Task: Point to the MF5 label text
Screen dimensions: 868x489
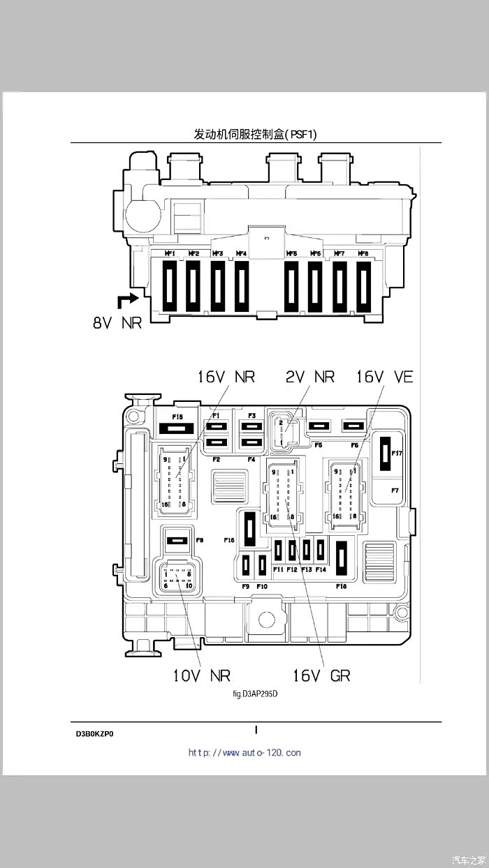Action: pos(291,253)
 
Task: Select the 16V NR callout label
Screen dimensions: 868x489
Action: pos(226,377)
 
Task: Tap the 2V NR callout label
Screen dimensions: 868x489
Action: pos(309,377)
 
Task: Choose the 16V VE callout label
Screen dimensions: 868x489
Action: pos(384,377)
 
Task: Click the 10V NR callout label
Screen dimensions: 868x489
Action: pos(201,675)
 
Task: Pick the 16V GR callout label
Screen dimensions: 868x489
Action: pos(321,675)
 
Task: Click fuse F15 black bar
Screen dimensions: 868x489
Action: pos(177,428)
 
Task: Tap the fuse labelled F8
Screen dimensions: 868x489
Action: pos(177,540)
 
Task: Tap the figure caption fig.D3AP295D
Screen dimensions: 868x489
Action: pos(255,694)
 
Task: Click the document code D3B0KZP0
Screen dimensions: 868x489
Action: pos(95,734)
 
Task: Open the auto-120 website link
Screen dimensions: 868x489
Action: pos(245,753)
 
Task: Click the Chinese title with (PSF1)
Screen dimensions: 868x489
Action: pos(255,134)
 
